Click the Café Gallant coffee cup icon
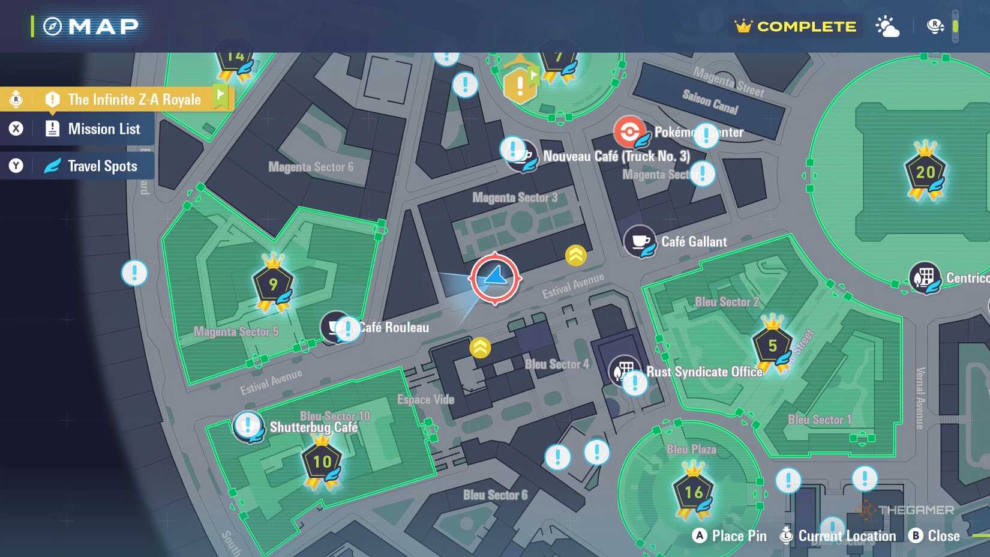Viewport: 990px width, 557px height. click(x=640, y=241)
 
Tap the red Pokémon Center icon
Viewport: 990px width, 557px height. click(x=629, y=131)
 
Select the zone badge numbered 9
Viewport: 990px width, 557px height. click(x=274, y=284)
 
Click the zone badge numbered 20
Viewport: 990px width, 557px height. click(x=925, y=172)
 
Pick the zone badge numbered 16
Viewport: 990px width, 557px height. click(x=694, y=492)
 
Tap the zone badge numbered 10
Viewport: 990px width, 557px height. click(x=322, y=462)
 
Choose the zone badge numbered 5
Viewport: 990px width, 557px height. click(x=772, y=345)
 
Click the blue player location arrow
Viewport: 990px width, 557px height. click(x=495, y=277)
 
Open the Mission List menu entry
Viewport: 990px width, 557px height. click(x=103, y=129)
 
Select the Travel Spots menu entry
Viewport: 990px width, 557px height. click(x=102, y=166)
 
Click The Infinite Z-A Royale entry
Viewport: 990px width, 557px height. click(x=134, y=100)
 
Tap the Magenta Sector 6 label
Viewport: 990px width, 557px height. click(x=311, y=167)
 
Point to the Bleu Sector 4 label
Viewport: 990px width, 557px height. click(x=557, y=364)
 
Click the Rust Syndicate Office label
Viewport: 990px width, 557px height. click(x=704, y=372)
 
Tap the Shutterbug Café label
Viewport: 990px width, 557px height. click(x=313, y=427)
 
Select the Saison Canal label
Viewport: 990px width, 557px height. click(x=710, y=101)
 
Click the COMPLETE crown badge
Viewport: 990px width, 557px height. click(x=796, y=26)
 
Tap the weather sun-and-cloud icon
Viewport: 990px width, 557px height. click(x=887, y=27)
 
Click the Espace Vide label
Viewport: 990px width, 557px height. click(x=425, y=400)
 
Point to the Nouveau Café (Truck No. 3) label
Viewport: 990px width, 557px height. click(x=616, y=157)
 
